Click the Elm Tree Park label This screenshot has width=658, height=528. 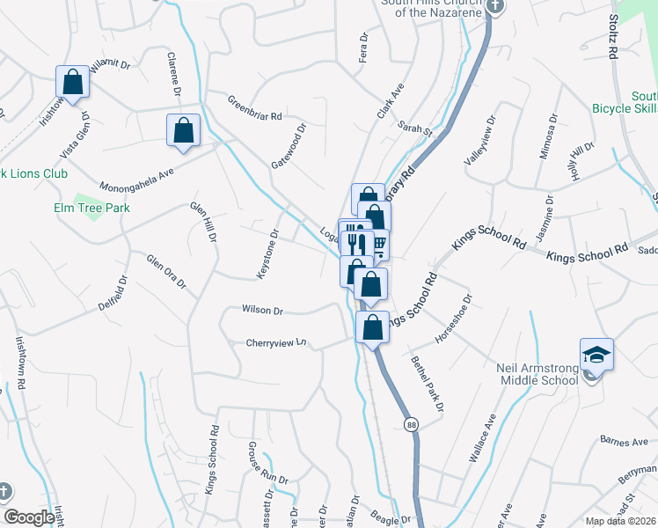[x=89, y=208]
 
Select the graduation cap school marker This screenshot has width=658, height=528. [x=596, y=355]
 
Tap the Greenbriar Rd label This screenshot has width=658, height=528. [x=254, y=108]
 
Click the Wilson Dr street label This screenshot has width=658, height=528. [x=262, y=311]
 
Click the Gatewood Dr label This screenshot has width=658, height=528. [x=289, y=146]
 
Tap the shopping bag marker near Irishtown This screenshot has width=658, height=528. [x=72, y=82]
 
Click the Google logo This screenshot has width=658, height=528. [x=30, y=517]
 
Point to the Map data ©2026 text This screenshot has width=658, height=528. [x=621, y=521]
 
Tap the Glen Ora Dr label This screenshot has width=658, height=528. [x=166, y=271]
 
